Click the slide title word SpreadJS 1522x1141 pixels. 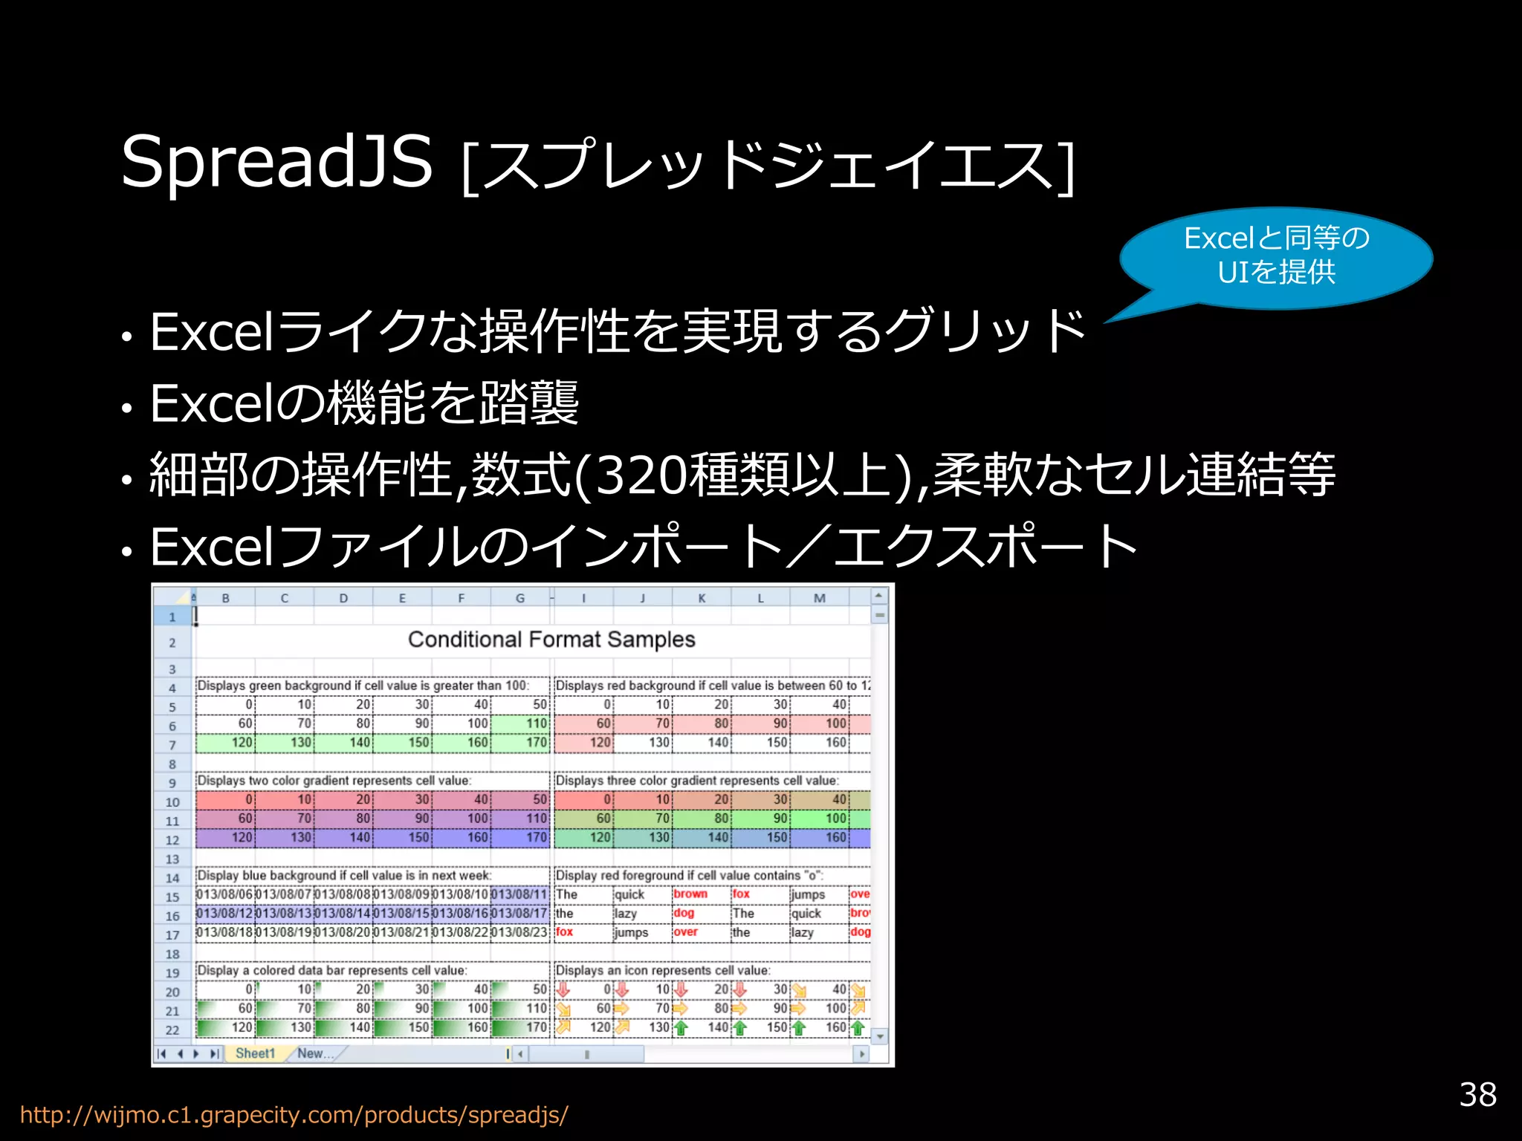(x=276, y=162)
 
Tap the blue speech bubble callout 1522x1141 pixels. (x=1276, y=256)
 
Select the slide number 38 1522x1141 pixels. (x=1477, y=1094)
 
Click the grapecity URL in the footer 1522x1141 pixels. (x=294, y=1115)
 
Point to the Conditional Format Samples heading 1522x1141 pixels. (x=551, y=640)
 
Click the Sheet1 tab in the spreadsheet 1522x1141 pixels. (x=255, y=1053)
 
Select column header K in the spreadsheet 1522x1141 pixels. (x=702, y=598)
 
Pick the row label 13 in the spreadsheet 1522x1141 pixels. (x=172, y=859)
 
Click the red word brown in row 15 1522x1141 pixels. (x=690, y=894)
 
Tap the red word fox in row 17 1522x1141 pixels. (x=565, y=932)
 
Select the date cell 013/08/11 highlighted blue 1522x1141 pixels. (x=519, y=894)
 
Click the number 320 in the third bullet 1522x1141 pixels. (x=641, y=475)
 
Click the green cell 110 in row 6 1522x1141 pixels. (x=520, y=724)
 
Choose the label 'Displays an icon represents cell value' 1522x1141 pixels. (x=663, y=970)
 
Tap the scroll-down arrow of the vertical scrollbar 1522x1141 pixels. (x=880, y=1036)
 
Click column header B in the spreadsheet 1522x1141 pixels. (x=225, y=598)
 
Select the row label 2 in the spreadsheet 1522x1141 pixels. (x=172, y=643)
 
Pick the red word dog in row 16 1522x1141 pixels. (x=684, y=913)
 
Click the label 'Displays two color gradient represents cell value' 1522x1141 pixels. (x=334, y=781)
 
